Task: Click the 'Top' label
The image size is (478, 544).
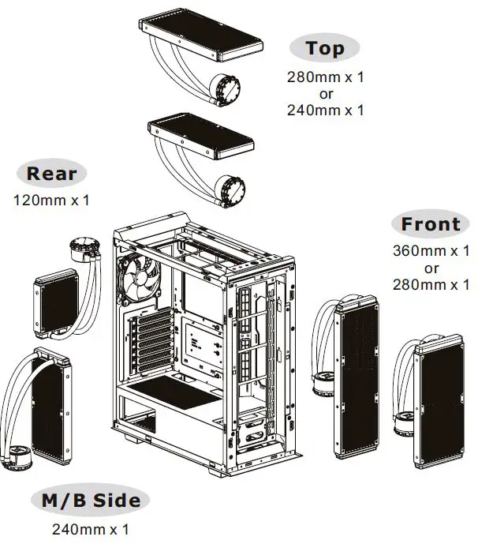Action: (x=325, y=48)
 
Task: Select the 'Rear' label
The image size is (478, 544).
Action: (x=51, y=173)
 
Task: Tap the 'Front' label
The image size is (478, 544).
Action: (x=430, y=224)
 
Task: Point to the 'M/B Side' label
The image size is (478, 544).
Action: (x=90, y=501)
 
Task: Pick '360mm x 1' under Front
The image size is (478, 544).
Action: (x=431, y=251)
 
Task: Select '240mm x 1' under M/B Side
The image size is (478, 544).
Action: (x=90, y=528)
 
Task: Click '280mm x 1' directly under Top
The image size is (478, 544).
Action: (x=326, y=77)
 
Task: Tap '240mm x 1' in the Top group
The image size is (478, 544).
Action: (x=326, y=111)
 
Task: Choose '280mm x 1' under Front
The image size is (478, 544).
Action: (x=431, y=284)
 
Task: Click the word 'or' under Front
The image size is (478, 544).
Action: (x=431, y=268)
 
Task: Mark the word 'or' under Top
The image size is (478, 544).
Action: (x=326, y=94)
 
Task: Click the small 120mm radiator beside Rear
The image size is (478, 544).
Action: (x=54, y=301)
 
